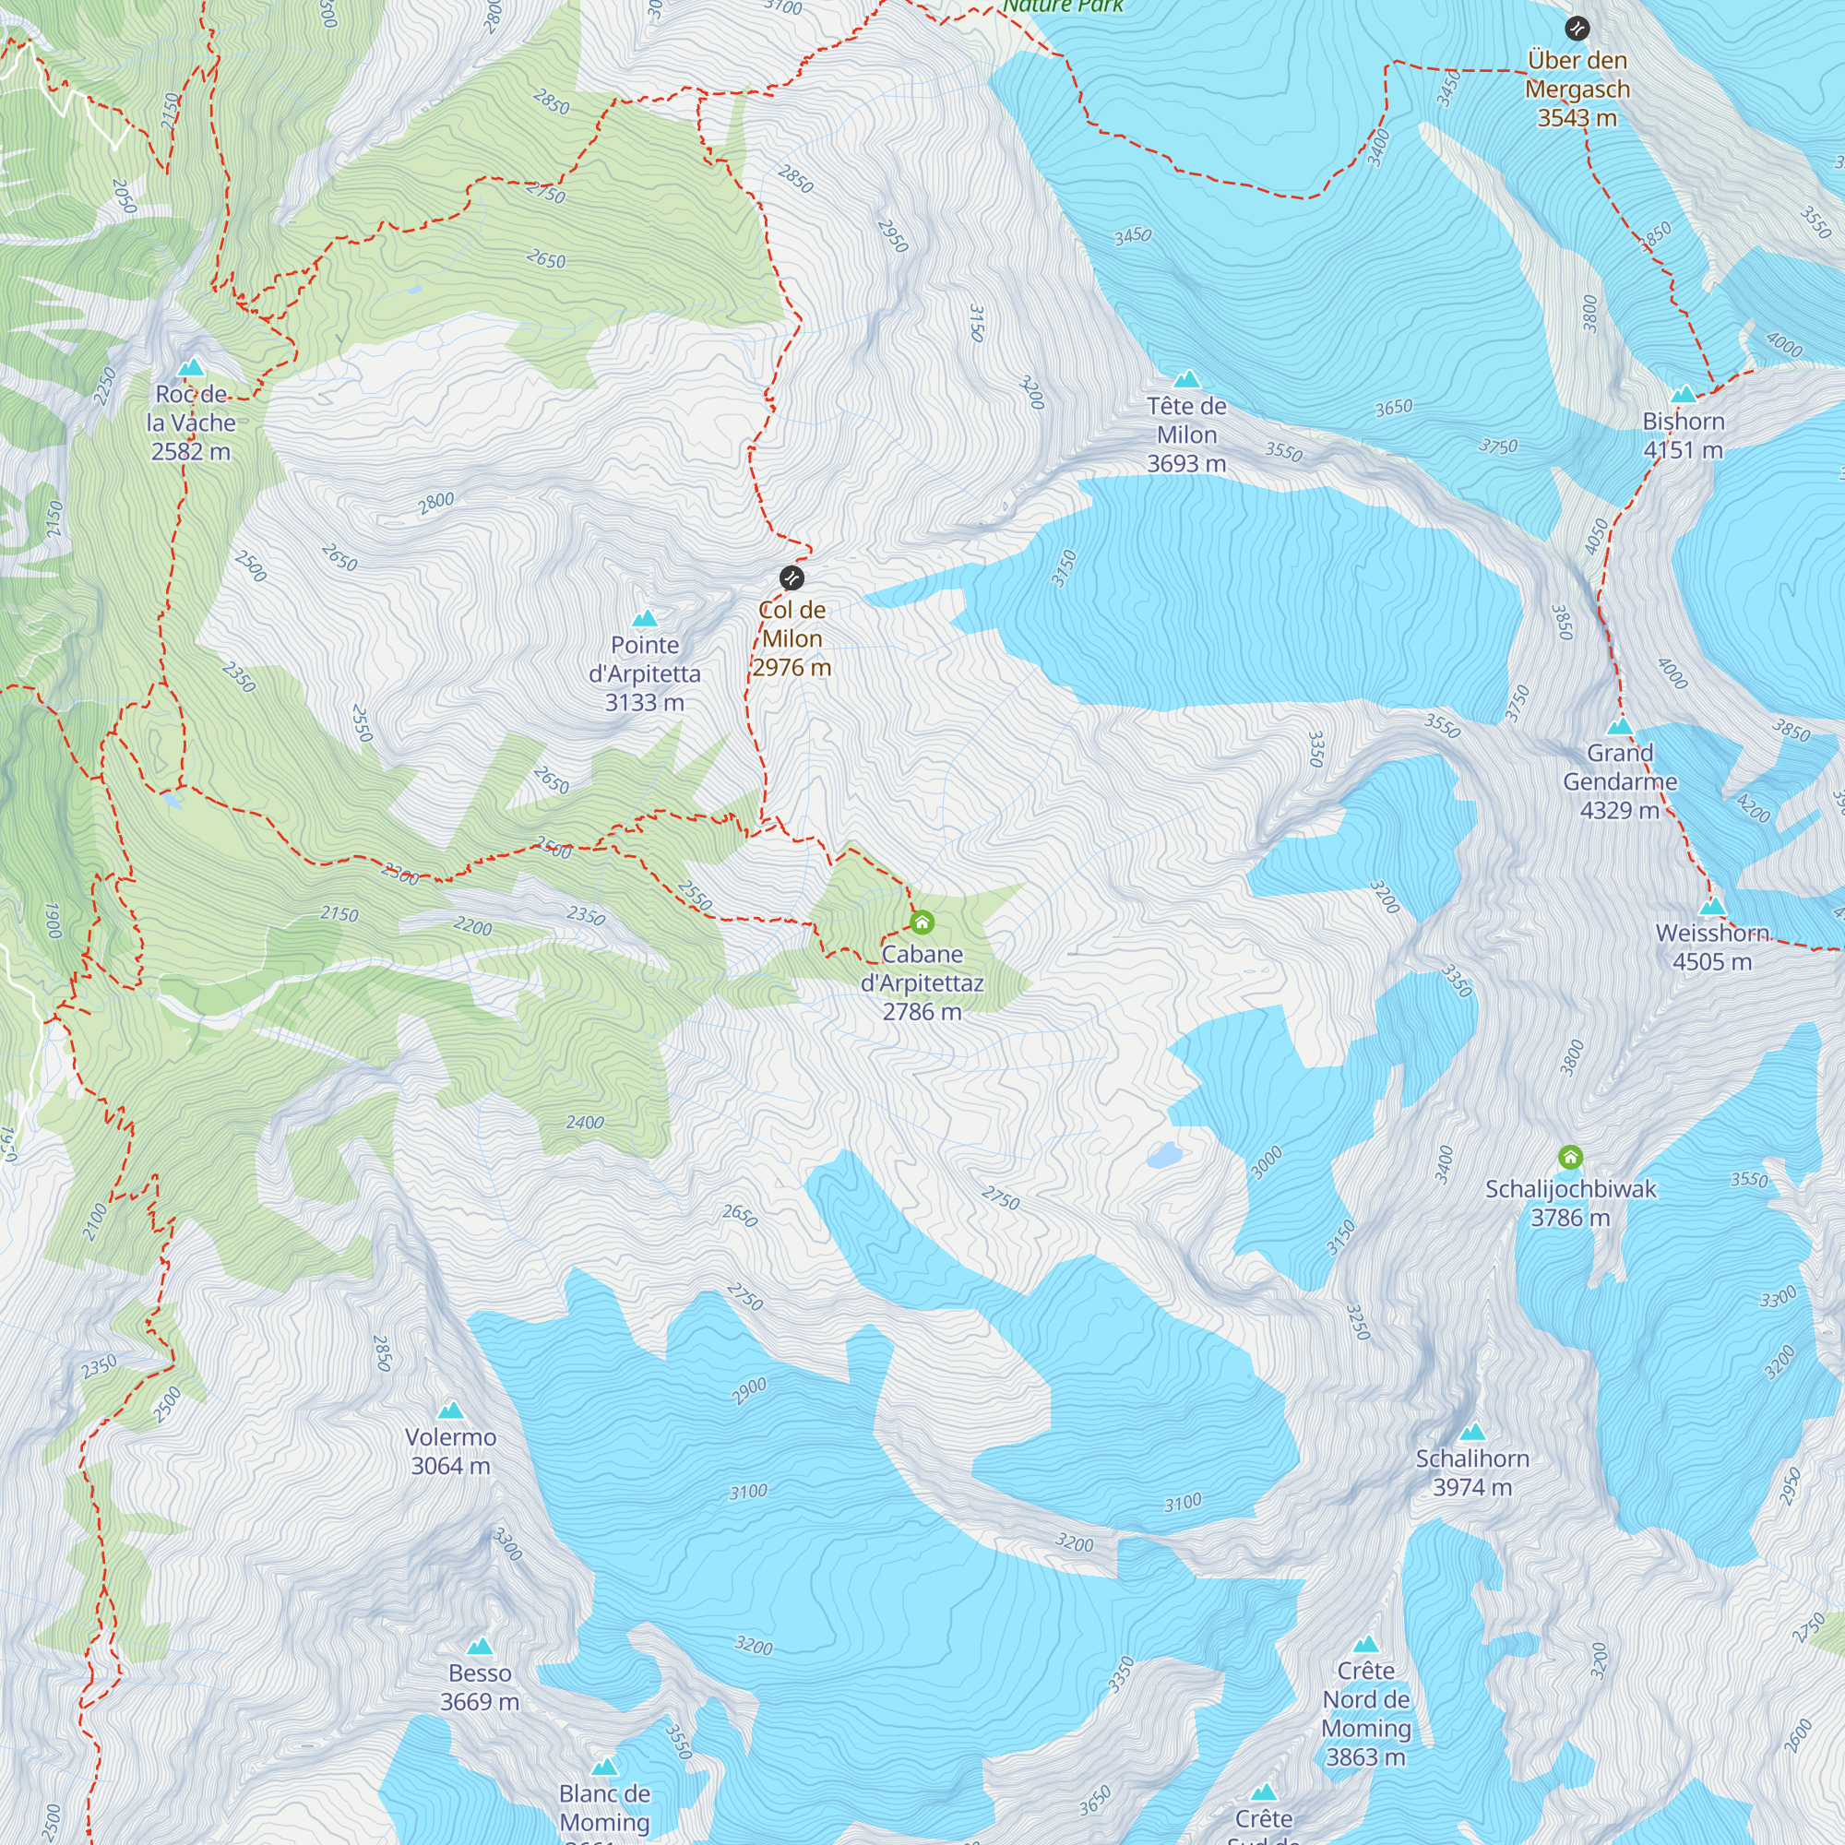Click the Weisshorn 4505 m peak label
[x=1712, y=946]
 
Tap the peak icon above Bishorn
[x=1684, y=394]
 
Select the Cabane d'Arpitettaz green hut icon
[x=922, y=922]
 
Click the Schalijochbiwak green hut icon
[x=1570, y=1158]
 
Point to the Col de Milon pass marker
[x=792, y=577]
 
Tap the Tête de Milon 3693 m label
[x=1186, y=434]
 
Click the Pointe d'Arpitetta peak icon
[x=645, y=618]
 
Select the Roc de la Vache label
[x=191, y=423]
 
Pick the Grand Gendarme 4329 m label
[x=1620, y=781]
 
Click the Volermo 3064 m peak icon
[x=451, y=1411]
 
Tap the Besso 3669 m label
[x=480, y=1686]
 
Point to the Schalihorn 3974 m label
[x=1471, y=1471]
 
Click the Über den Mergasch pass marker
[x=1577, y=29]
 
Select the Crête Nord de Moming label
[x=1365, y=1713]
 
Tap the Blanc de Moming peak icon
[x=604, y=1767]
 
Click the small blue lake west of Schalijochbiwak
[x=1164, y=1156]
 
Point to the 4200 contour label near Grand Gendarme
[x=1754, y=808]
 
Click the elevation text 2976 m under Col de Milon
[x=792, y=667]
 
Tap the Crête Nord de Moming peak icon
[x=1365, y=1644]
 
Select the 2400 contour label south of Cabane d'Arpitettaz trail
[x=585, y=1122]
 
